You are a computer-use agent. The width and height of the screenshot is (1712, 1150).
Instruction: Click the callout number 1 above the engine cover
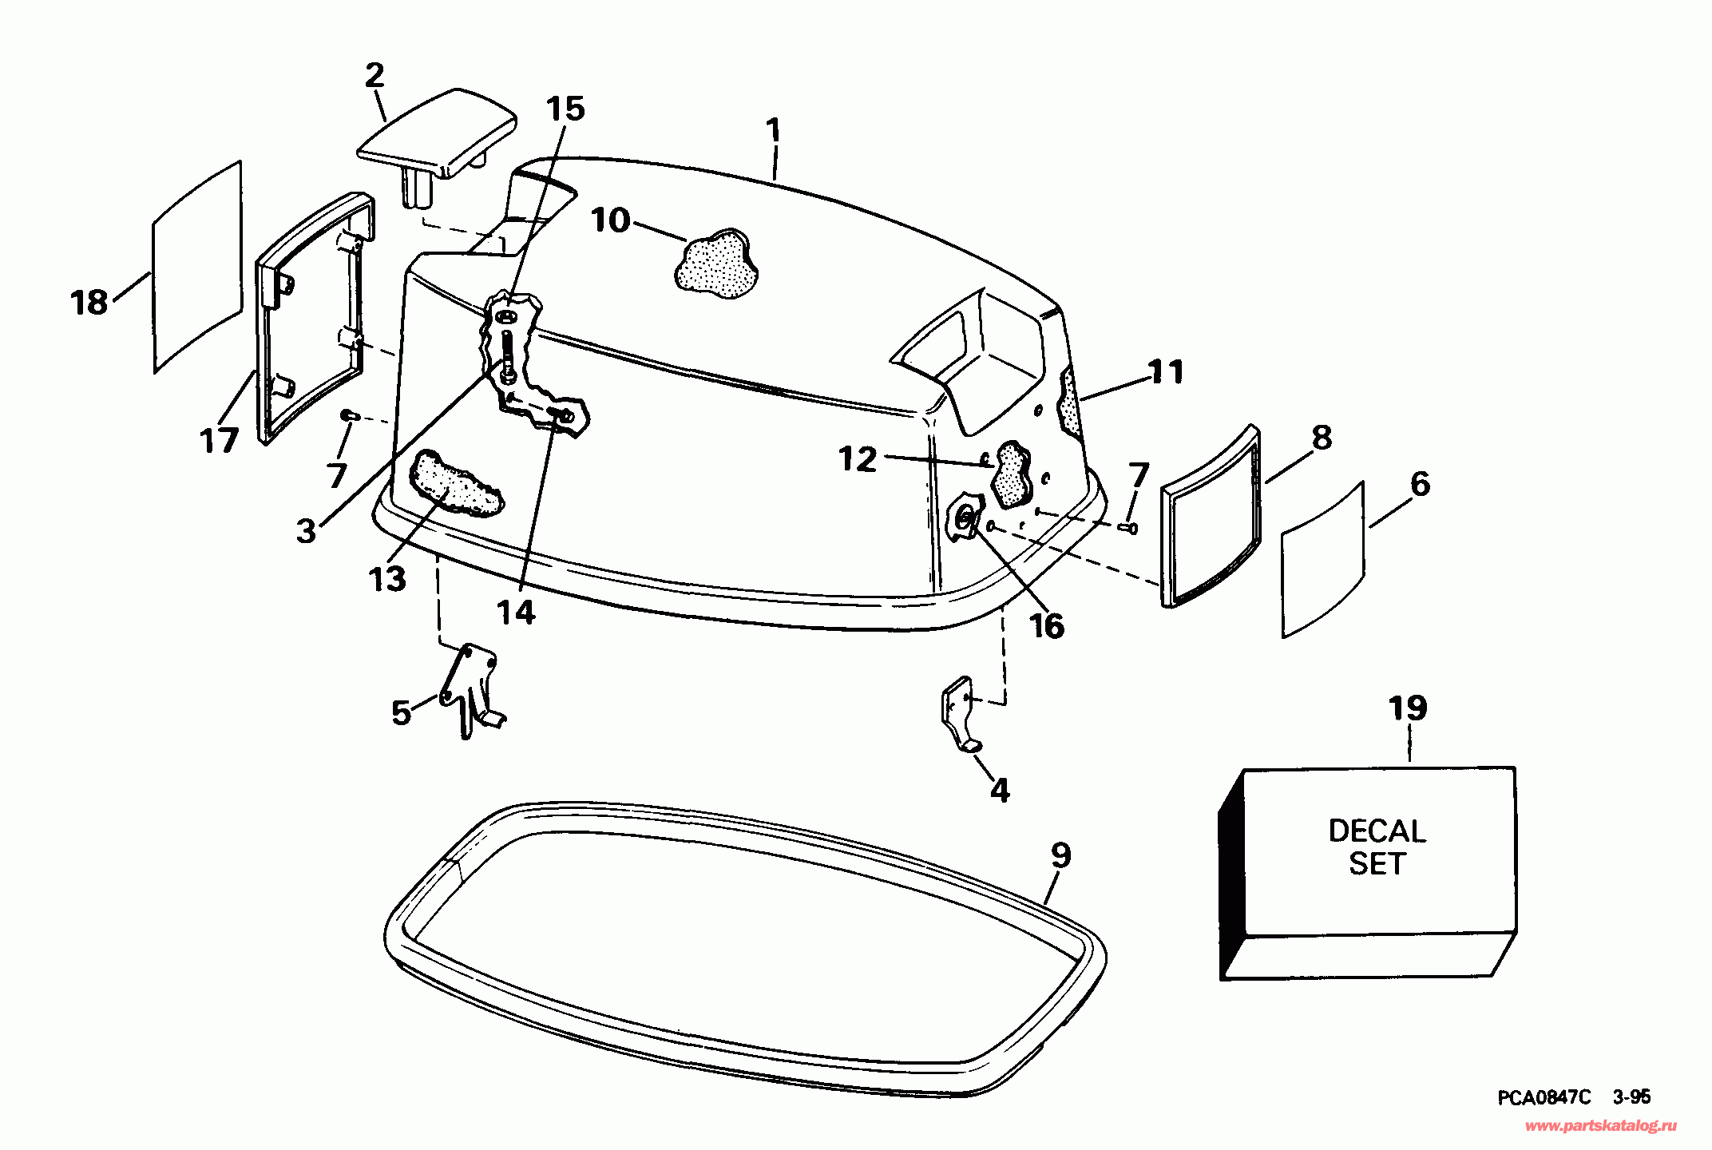click(x=772, y=131)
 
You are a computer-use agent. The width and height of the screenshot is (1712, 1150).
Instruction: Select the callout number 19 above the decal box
click(x=1408, y=708)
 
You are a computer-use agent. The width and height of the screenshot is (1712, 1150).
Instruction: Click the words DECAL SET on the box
click(x=1377, y=847)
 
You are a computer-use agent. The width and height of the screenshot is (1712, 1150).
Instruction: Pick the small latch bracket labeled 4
click(x=959, y=711)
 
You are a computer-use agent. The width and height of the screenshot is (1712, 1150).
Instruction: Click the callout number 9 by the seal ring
click(x=1060, y=855)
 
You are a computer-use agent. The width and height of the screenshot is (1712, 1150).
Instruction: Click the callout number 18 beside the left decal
click(x=89, y=303)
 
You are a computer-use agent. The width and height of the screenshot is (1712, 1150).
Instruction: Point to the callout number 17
click(x=219, y=440)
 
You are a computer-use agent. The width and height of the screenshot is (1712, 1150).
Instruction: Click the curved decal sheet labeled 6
click(x=1322, y=559)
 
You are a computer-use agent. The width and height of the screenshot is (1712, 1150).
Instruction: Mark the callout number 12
click(x=858, y=459)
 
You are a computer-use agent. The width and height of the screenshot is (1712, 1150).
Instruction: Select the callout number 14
click(x=516, y=613)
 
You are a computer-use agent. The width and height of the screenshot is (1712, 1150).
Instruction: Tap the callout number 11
click(x=1165, y=372)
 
